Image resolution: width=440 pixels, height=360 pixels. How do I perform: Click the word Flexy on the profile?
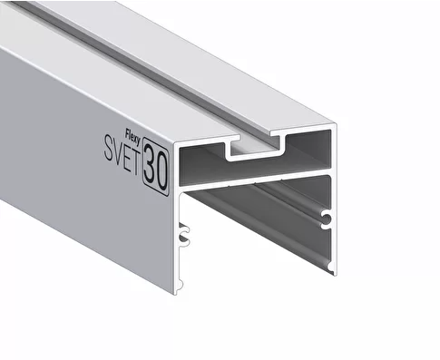point(132,137)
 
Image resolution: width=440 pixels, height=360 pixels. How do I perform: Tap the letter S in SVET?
point(109,148)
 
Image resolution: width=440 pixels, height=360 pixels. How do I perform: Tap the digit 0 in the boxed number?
point(161,170)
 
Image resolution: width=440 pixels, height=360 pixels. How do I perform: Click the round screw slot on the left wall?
point(184,234)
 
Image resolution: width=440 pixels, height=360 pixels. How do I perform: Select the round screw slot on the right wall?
point(326,219)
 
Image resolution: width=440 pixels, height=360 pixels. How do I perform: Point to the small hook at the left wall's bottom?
point(181,285)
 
